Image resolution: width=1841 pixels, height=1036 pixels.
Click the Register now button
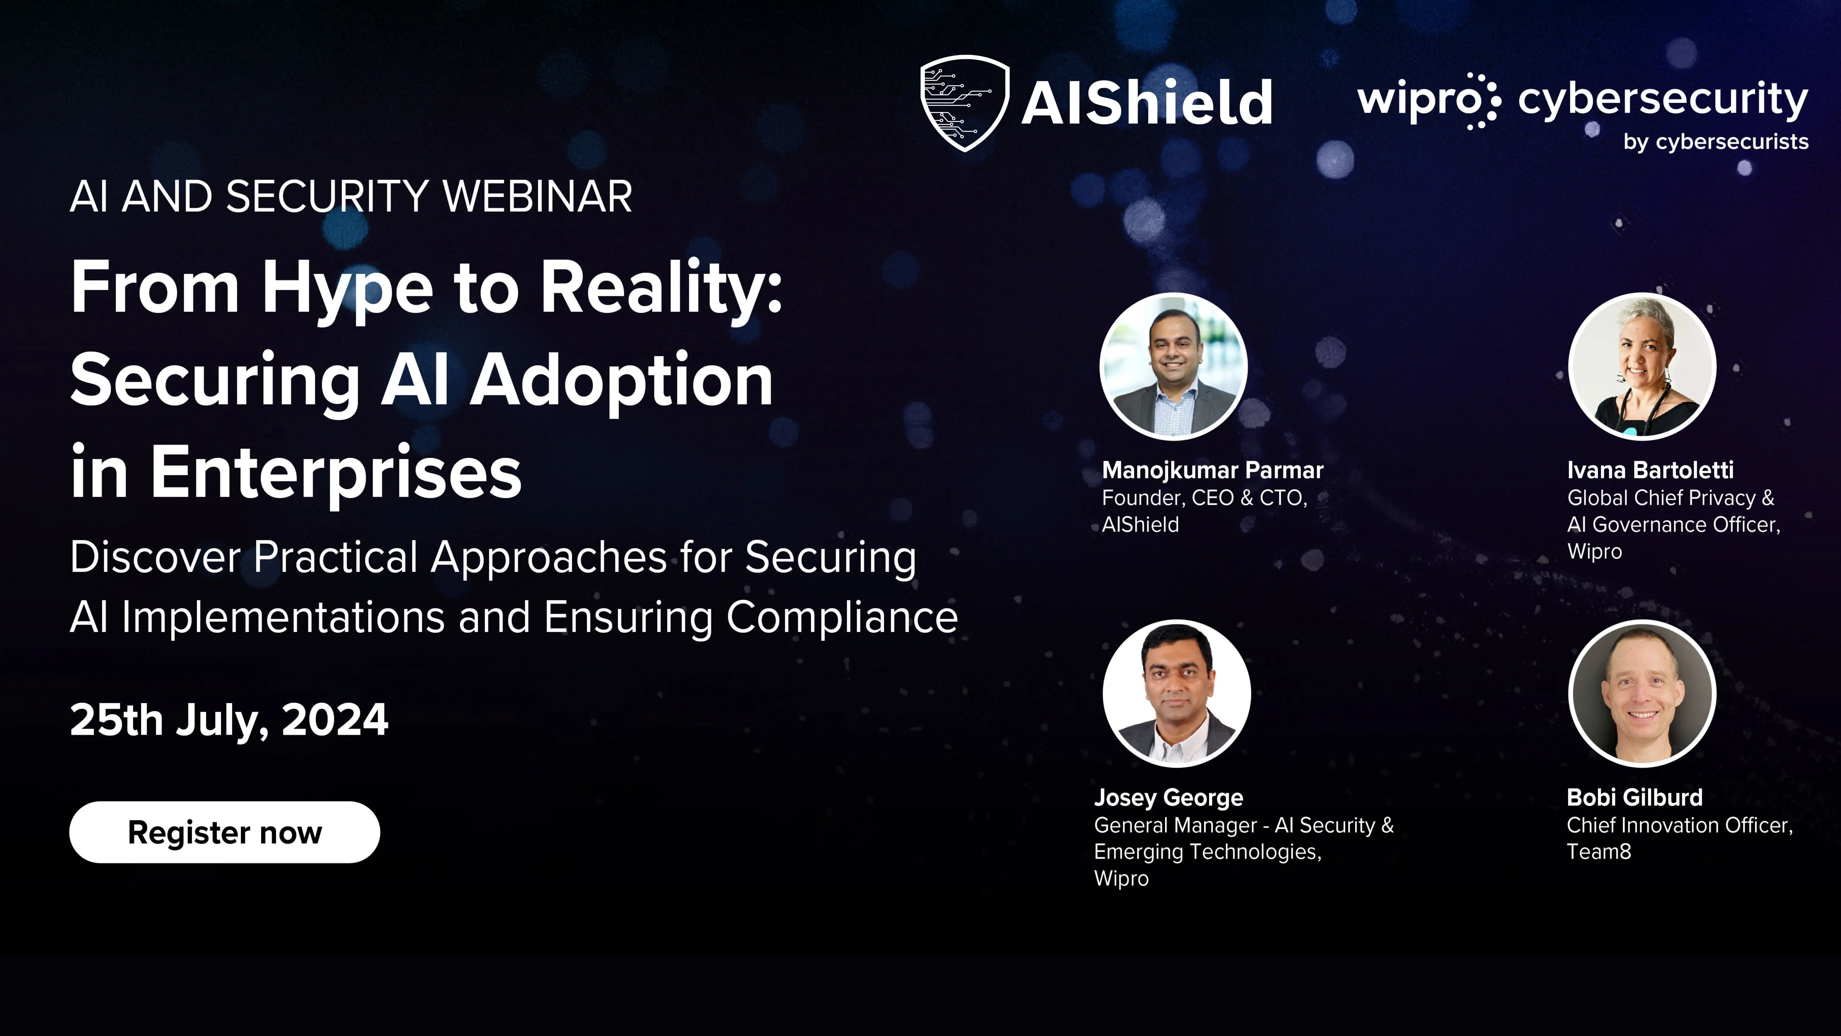[x=224, y=832]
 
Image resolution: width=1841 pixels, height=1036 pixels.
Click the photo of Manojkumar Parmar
[x=1173, y=366]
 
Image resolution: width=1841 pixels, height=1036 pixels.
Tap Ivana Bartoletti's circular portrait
[x=1642, y=366]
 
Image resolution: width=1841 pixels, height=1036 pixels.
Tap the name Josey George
[x=1168, y=797]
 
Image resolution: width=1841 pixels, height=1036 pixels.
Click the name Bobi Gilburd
[x=1635, y=797]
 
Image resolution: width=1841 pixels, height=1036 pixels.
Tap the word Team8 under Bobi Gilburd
[x=1599, y=851]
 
